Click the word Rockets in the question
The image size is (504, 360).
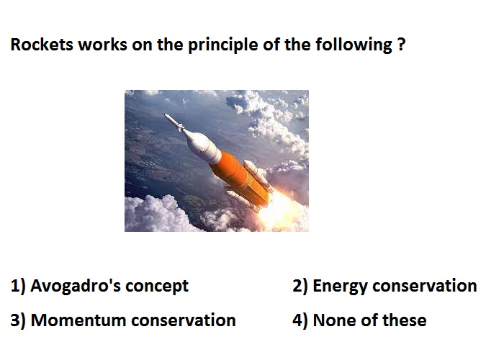42,45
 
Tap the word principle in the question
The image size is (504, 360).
222,45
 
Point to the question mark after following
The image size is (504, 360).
401,45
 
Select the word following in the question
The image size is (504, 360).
354,45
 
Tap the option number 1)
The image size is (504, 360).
18,286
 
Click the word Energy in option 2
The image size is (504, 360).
340,286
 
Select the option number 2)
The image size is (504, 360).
300,286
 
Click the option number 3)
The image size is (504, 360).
18,320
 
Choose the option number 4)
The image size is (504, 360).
300,320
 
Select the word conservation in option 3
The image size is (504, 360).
184,320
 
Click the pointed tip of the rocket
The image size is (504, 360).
165,114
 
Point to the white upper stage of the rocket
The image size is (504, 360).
204,146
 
